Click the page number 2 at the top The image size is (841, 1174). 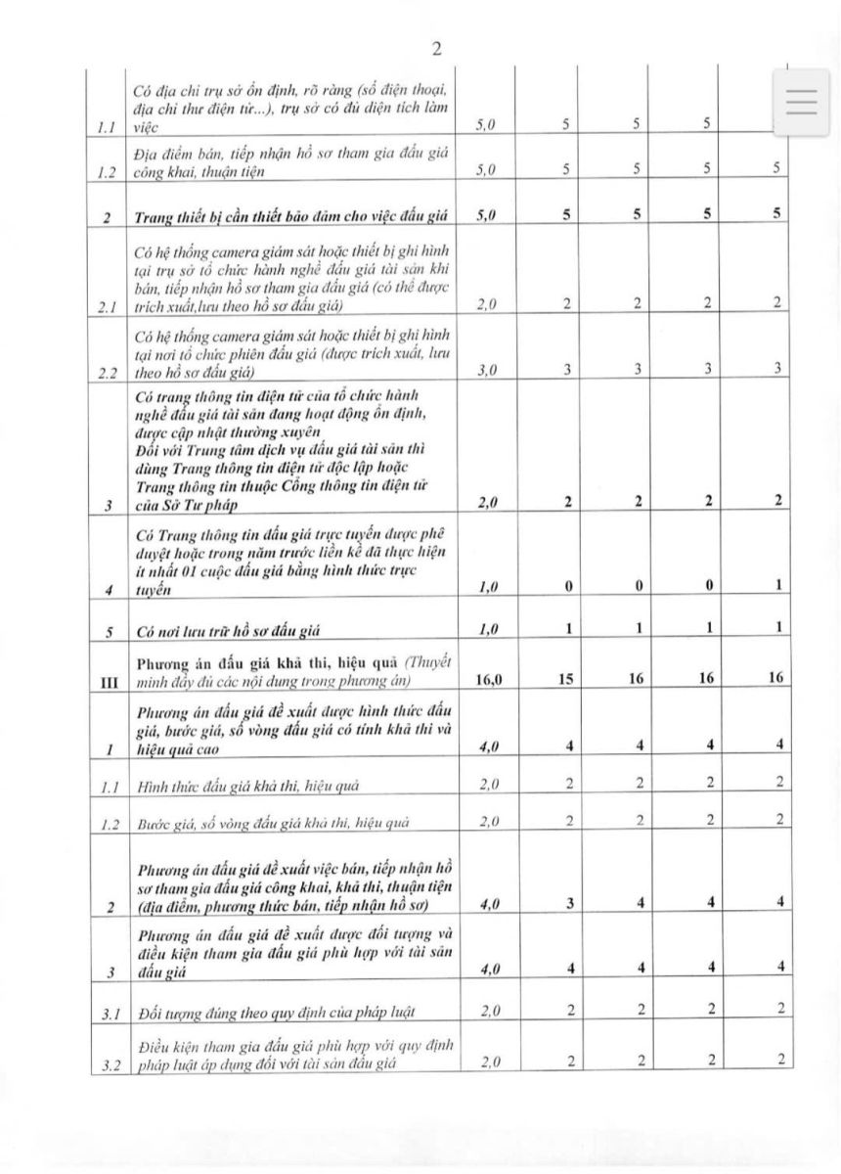436,50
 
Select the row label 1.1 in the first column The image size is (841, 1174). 106,126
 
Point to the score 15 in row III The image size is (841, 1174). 566,677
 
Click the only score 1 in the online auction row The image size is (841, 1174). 776,586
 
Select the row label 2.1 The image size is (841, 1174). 106,305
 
